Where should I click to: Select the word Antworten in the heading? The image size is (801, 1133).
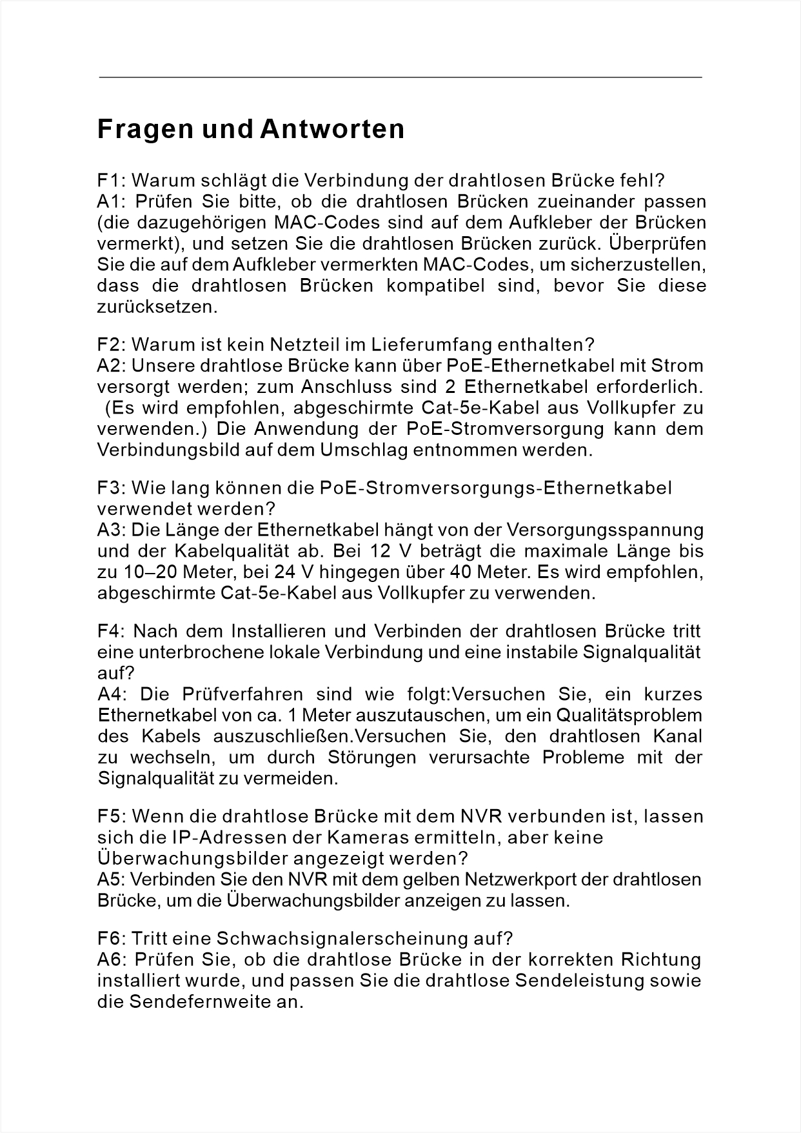[x=332, y=129]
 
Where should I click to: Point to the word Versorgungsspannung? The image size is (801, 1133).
[x=605, y=530]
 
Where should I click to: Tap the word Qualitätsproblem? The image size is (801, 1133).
[x=629, y=716]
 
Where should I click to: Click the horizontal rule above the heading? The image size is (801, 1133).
[x=400, y=77]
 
